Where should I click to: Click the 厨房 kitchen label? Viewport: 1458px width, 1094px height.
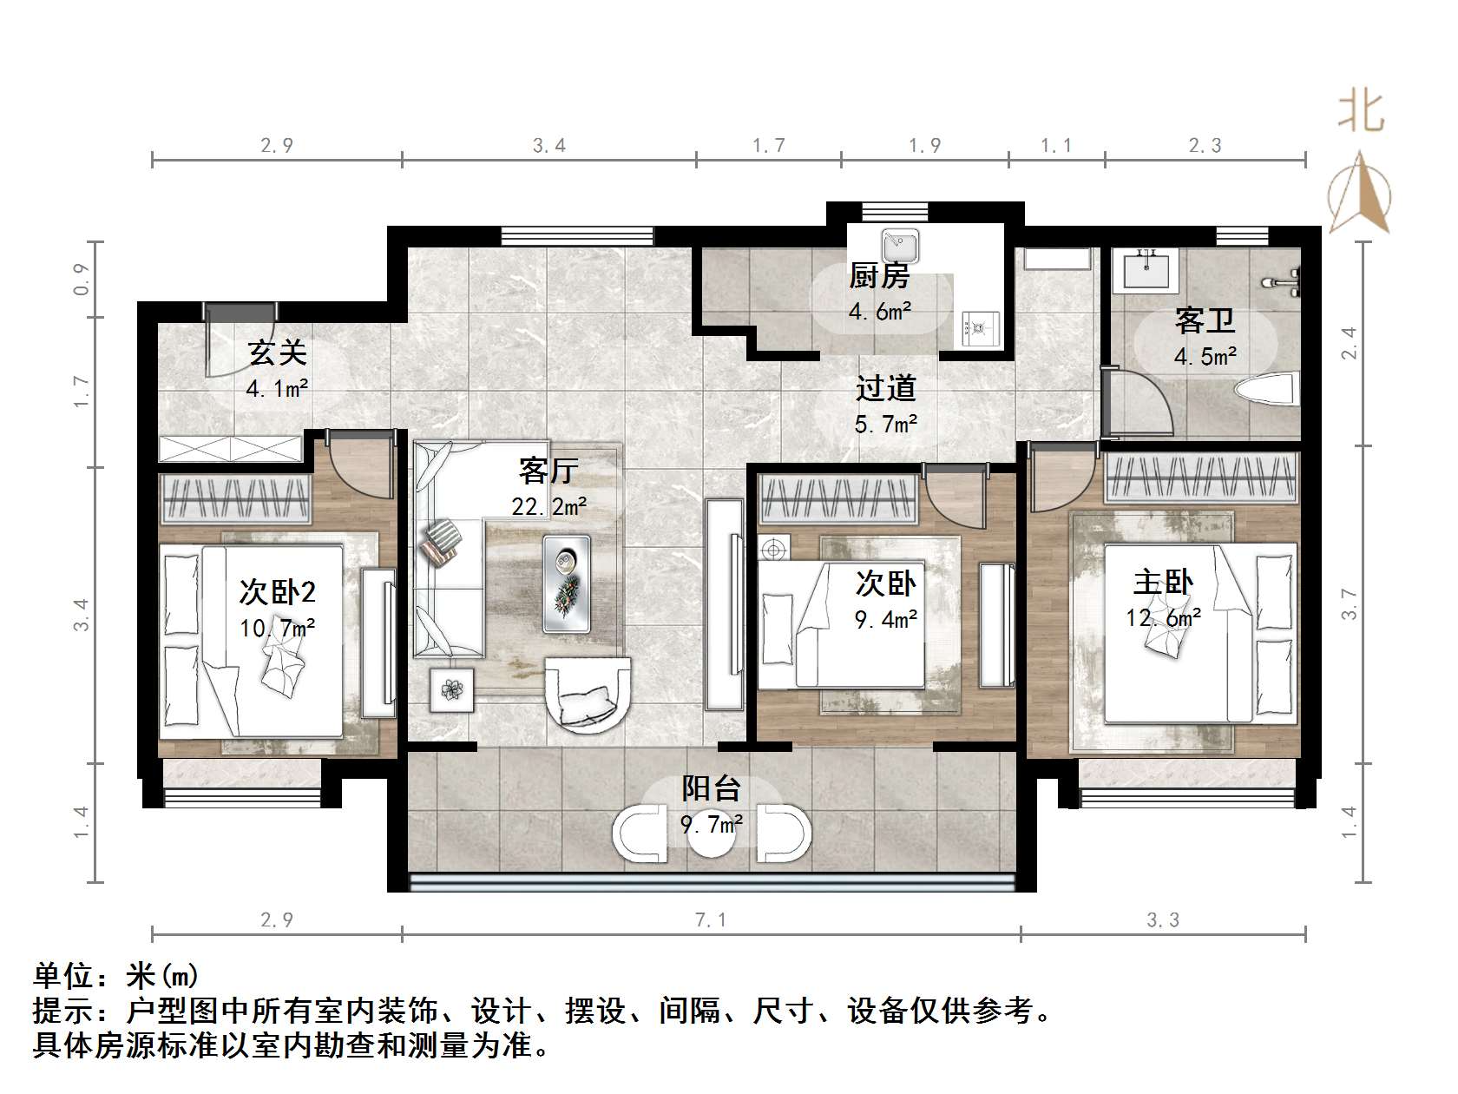point(878,276)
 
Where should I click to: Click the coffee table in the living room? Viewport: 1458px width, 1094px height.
point(567,583)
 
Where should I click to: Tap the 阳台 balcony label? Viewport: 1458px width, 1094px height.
point(711,788)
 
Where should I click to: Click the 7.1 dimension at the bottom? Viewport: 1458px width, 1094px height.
point(710,919)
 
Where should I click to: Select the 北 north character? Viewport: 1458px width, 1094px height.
point(1360,113)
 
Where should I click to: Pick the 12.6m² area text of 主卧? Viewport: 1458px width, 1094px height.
point(1163,617)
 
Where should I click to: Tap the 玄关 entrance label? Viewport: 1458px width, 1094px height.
point(277,353)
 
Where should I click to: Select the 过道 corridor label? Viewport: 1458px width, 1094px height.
point(885,388)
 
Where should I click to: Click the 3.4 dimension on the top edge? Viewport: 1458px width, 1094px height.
point(548,146)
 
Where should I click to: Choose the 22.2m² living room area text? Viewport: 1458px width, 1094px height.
point(548,505)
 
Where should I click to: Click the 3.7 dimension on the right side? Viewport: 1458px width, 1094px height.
point(1348,603)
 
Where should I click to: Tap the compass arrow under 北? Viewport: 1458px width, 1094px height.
point(1360,193)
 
